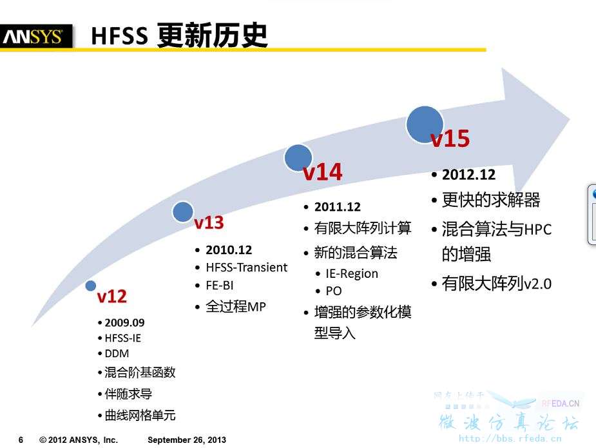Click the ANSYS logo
35,37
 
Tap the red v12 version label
111,297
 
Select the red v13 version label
209,222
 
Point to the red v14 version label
323,172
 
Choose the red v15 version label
450,139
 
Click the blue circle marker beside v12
90,286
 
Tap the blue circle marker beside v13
183,212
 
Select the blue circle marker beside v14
298,158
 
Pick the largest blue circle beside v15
425,124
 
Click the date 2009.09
124,323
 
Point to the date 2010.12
229,250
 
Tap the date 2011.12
338,207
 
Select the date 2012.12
468,175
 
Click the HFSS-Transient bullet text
247,268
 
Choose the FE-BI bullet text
220,285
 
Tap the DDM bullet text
117,354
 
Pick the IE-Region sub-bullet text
352,273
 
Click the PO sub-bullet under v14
334,291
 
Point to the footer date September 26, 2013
187,440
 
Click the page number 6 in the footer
21,440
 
